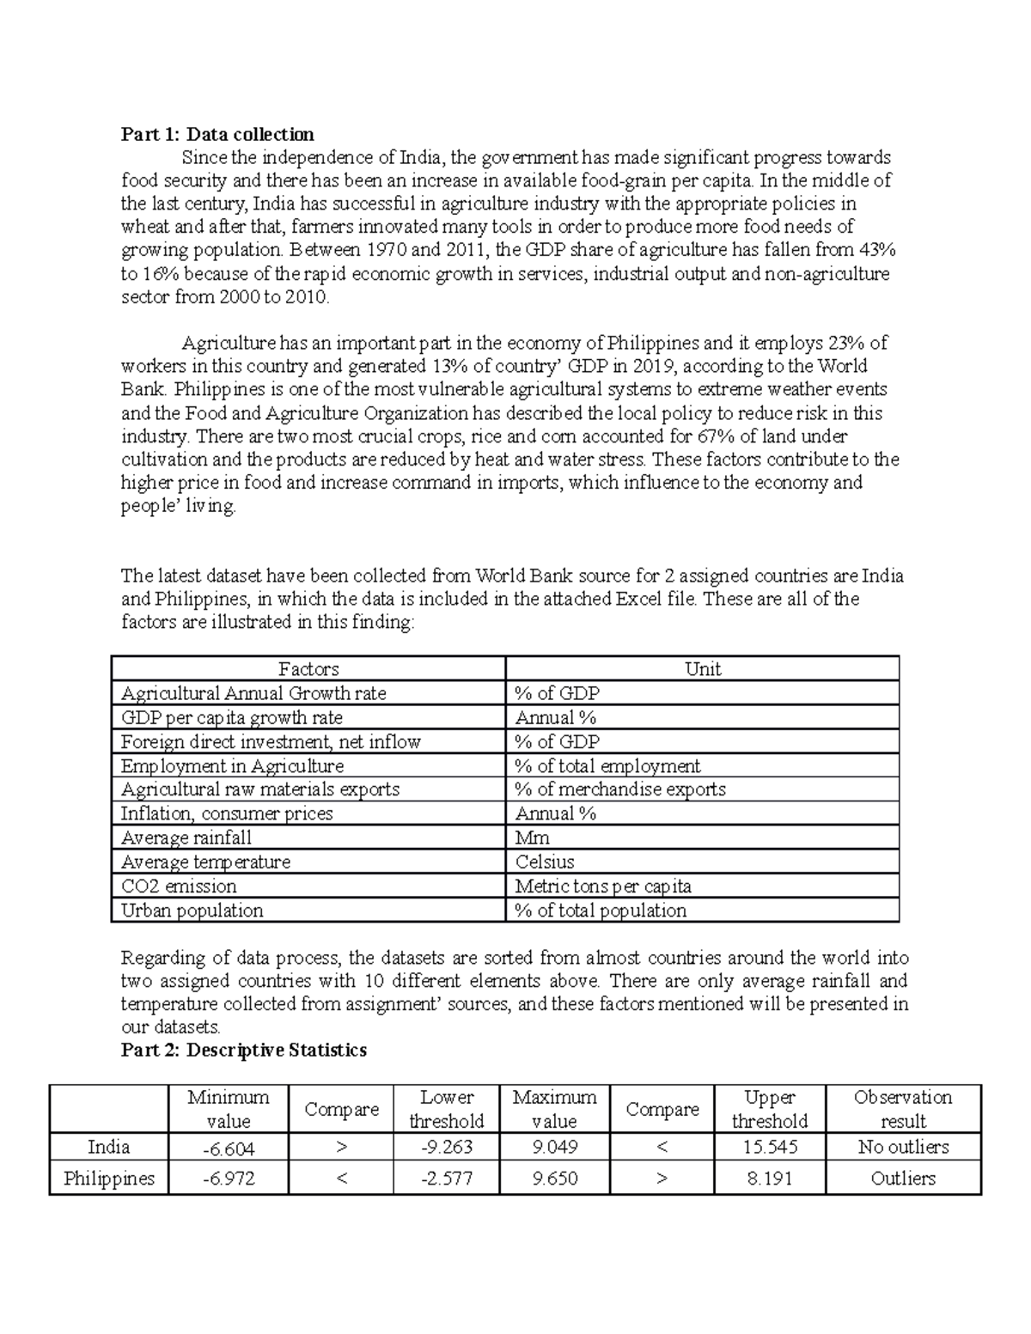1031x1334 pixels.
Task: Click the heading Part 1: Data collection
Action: point(217,134)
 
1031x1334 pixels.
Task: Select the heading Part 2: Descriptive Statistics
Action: point(244,1050)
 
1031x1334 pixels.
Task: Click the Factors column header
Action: point(308,669)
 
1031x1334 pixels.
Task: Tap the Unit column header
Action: point(702,669)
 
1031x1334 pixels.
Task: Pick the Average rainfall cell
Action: point(186,838)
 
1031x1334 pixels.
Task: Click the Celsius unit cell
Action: point(545,862)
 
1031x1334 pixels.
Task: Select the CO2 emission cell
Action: point(179,886)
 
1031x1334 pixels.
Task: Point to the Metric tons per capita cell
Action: point(603,886)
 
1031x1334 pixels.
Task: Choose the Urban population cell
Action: point(192,910)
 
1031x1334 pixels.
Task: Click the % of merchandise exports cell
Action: point(620,789)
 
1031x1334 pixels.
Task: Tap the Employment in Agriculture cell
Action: point(232,765)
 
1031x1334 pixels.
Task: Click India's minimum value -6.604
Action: point(229,1147)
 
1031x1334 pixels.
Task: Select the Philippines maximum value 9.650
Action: point(554,1179)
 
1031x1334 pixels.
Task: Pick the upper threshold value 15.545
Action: point(769,1147)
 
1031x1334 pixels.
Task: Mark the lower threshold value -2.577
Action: point(446,1179)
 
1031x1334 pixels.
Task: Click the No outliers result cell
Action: point(903,1147)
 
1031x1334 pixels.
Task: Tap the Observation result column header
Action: point(903,1109)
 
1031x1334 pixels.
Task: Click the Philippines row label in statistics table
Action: point(109,1179)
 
